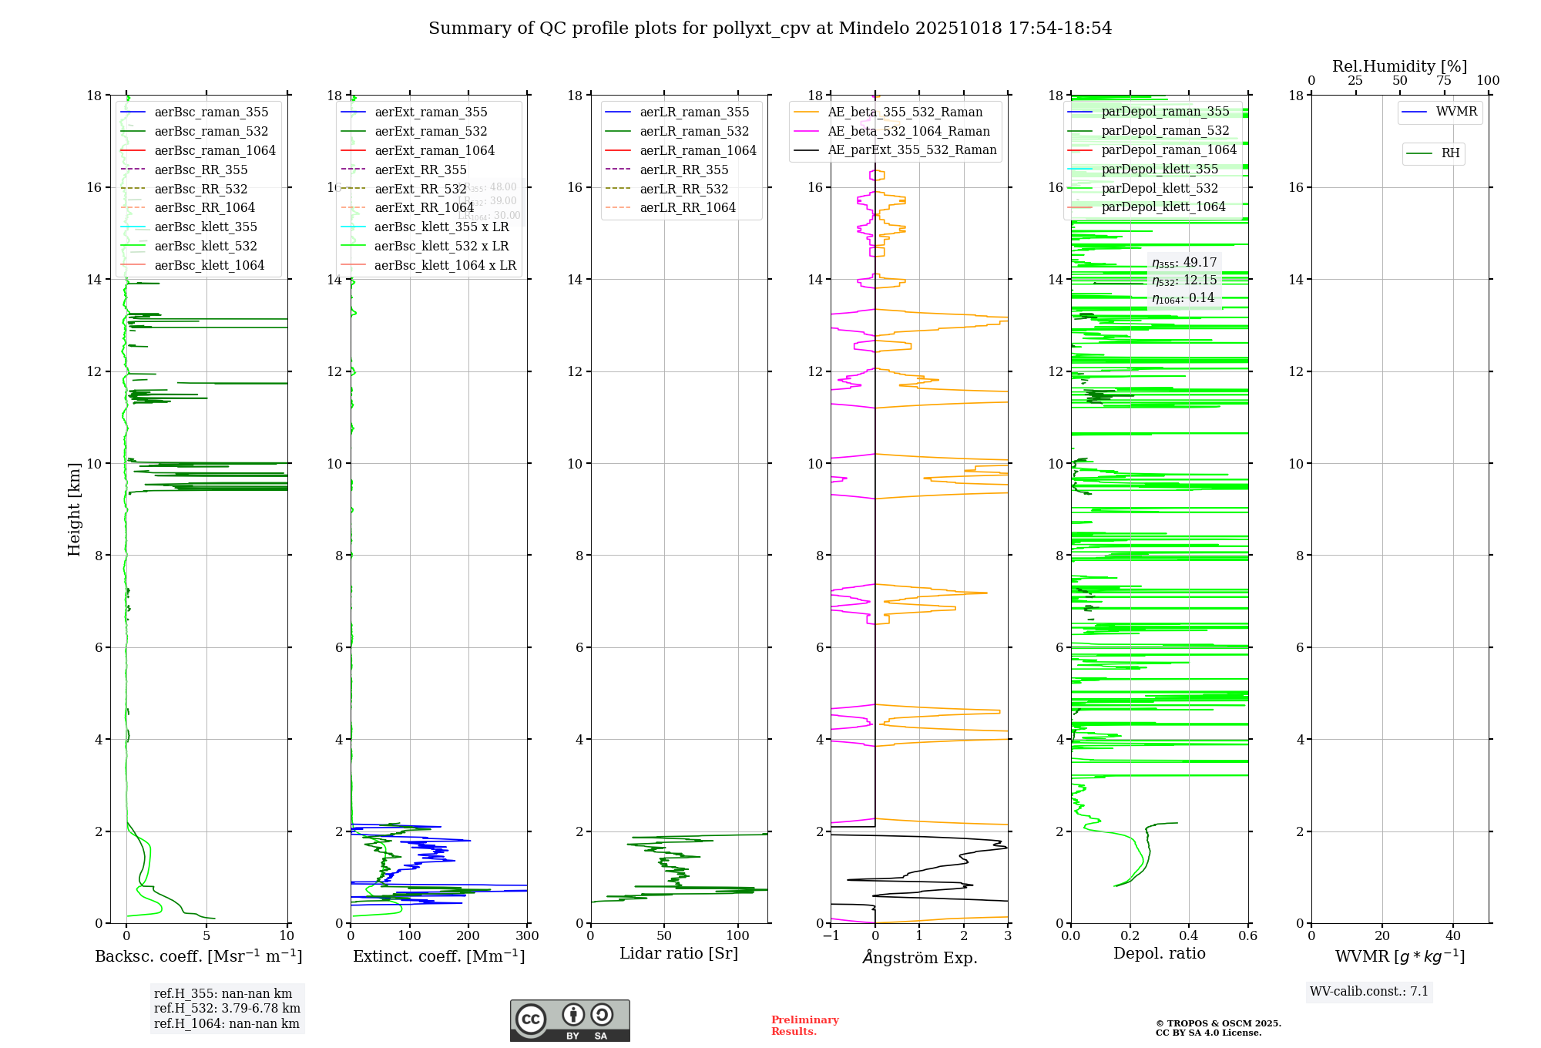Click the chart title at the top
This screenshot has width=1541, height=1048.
click(770, 29)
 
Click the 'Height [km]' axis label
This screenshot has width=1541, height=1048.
click(74, 509)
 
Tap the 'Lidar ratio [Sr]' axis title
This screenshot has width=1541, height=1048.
click(679, 953)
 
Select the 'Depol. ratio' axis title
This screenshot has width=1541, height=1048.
click(1159, 953)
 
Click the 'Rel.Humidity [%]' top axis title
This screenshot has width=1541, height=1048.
click(1399, 66)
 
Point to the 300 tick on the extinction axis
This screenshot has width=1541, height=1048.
click(527, 935)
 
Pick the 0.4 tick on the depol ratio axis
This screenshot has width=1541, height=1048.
click(1189, 935)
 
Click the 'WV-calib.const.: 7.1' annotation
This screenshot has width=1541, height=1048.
click(1368, 991)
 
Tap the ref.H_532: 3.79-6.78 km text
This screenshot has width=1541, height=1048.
click(227, 1008)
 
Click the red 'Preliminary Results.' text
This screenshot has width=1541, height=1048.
click(804, 1025)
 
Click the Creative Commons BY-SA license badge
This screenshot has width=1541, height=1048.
click(569, 1020)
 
